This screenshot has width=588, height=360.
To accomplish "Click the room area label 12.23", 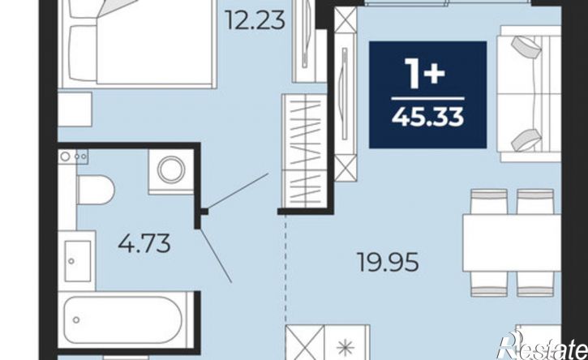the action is point(255,20).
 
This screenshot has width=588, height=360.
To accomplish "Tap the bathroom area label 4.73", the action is point(144,243).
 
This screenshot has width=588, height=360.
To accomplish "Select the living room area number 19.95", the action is point(388,262).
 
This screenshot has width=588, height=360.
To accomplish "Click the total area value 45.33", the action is point(428,116).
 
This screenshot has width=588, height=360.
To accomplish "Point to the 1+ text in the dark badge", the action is point(426,74).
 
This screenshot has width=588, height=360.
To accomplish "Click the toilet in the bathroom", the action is point(96,190).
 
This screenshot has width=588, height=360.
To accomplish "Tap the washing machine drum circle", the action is point(171,170).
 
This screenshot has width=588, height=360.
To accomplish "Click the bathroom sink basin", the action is point(77,261).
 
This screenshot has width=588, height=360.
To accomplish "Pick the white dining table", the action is point(512,242).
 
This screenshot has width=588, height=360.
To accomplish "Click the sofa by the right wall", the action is point(530,94).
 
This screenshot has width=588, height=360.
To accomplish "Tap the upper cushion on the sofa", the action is point(527,47).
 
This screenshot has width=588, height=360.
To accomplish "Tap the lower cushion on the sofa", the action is point(527,140).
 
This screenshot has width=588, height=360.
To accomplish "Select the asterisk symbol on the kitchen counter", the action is point(346,349).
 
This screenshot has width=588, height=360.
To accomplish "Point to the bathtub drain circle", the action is point(76,320).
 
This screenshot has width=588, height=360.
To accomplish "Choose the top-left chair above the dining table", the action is point(489,201).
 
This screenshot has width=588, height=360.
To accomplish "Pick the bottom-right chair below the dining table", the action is point(535,284).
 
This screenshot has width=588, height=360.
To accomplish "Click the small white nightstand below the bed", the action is point(75,109).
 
